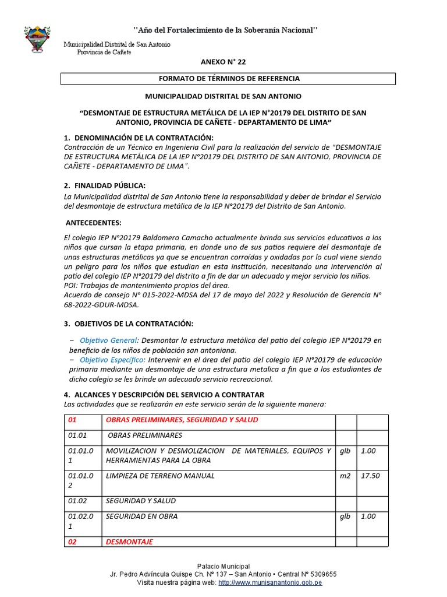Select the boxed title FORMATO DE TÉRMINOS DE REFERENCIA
(x=229, y=78)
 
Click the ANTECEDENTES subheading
(x=94, y=223)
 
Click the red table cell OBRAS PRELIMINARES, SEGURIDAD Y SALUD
(x=182, y=420)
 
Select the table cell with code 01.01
(x=77, y=436)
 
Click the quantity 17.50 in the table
(x=370, y=476)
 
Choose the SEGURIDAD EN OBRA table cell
(x=142, y=516)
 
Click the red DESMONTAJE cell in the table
(x=129, y=542)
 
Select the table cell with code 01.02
(x=77, y=501)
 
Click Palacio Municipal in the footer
(x=223, y=566)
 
